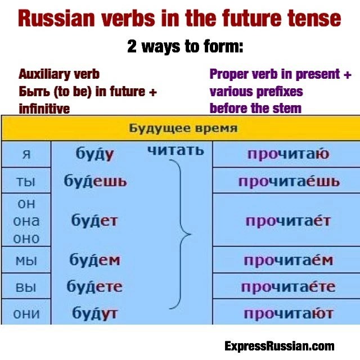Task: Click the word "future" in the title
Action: (267, 19)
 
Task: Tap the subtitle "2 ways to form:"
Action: (184, 47)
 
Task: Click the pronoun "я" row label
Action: (26, 154)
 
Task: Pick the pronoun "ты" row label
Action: (26, 181)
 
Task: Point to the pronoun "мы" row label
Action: (26, 260)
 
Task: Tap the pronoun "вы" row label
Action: (26, 287)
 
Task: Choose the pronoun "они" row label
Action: (26, 313)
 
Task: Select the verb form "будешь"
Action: (95, 181)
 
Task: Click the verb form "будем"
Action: (94, 260)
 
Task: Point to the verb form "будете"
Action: (94, 287)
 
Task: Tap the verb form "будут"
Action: (94, 313)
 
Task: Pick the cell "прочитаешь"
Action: (289, 181)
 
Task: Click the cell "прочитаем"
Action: (288, 260)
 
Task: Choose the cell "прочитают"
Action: (288, 313)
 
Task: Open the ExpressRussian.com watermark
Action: (279, 346)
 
